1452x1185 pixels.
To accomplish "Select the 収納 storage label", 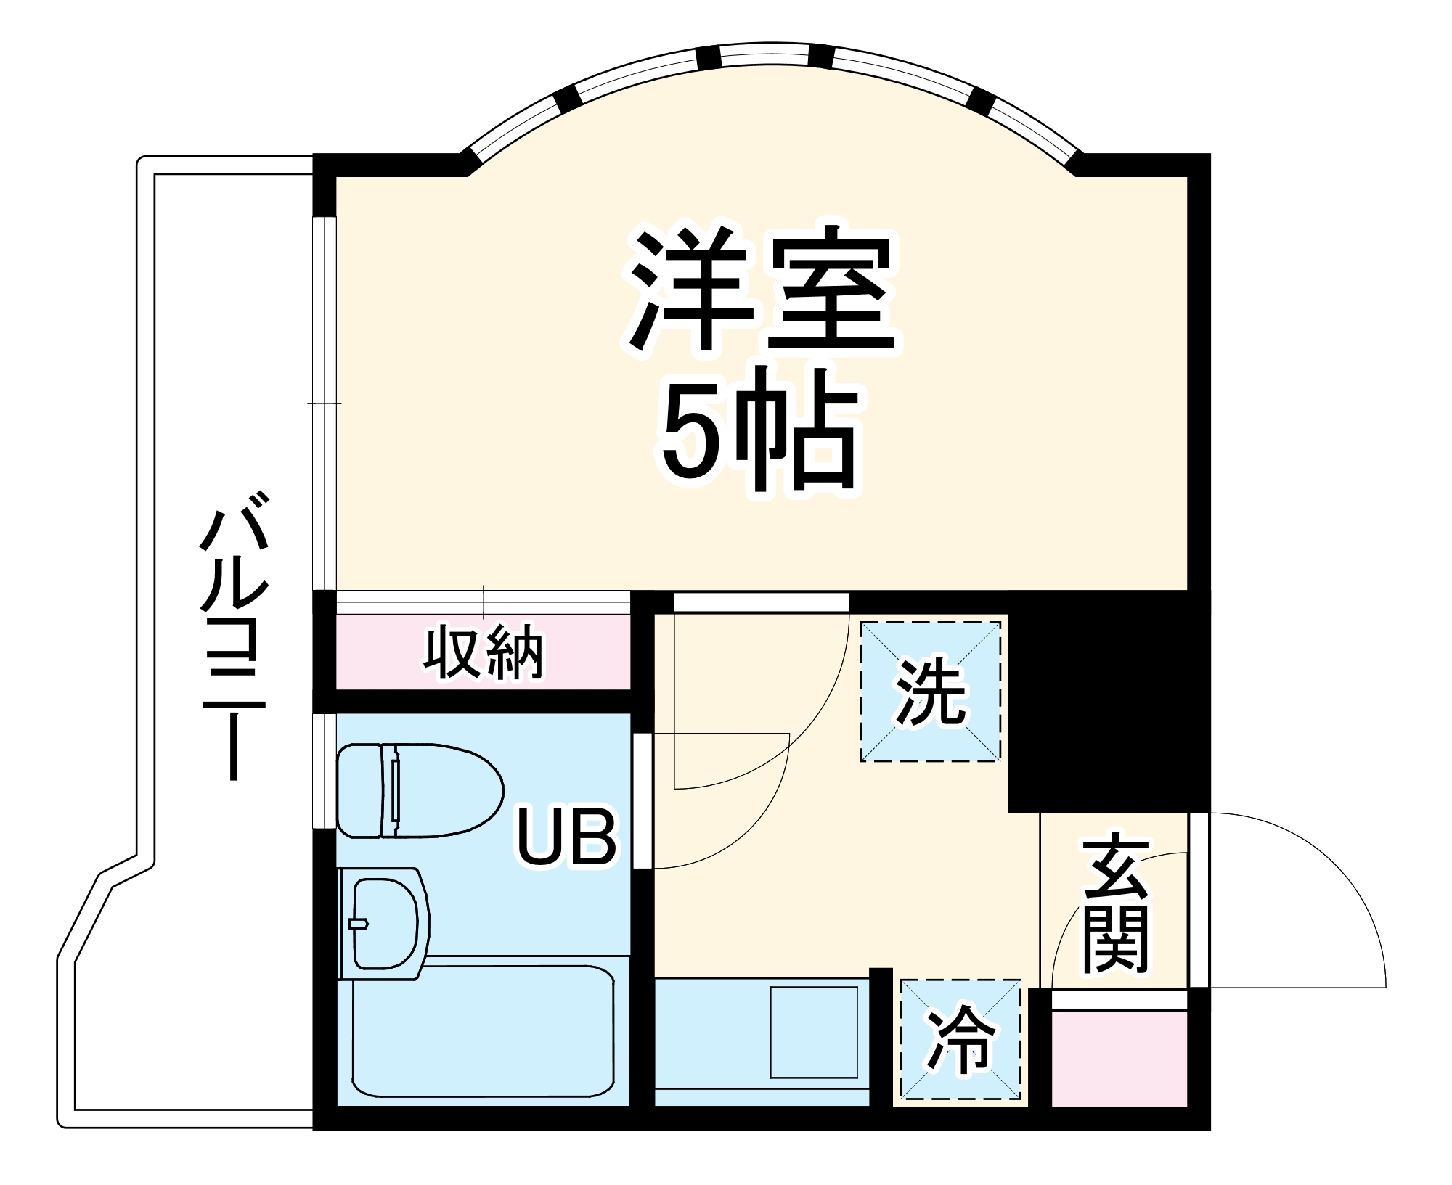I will (484, 653).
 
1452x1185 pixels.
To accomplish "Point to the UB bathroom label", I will (566, 838).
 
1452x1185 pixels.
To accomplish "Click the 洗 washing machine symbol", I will (931, 692).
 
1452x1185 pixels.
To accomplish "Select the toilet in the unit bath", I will (420, 790).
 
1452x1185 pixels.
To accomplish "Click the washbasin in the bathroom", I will (385, 923).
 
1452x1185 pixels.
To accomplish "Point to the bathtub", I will (483, 1031).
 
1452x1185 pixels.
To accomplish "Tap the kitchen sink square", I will (814, 1032).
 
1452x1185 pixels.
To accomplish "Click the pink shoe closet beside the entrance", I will (1119, 1059).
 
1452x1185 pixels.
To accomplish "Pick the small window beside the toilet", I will (325, 771).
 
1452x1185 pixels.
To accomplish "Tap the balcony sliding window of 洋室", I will (325, 403).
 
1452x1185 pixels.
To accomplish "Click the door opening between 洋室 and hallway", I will (761, 602).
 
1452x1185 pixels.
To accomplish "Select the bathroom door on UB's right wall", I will (643, 801).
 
